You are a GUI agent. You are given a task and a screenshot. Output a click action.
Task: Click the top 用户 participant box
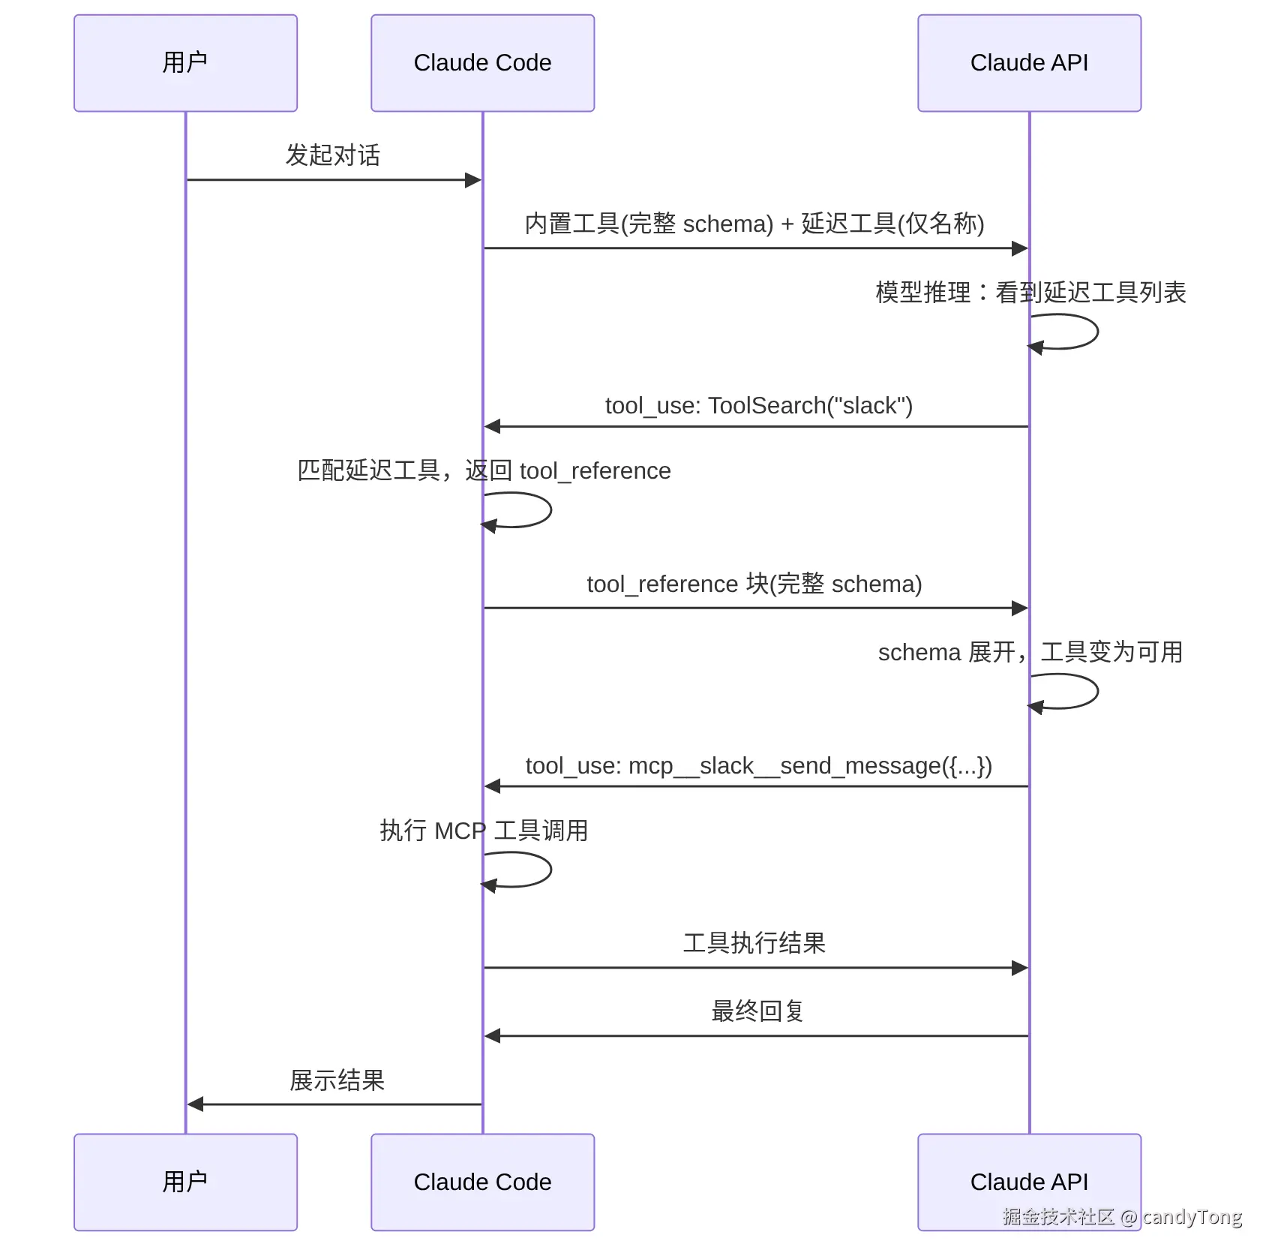coord(185,63)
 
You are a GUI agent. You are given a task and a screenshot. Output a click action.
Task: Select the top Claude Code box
coord(482,63)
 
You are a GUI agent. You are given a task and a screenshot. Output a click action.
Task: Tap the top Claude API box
coord(1029,63)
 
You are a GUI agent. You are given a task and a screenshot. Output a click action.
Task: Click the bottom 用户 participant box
coord(185,1182)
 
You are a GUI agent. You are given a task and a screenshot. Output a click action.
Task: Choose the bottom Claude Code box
coord(482,1182)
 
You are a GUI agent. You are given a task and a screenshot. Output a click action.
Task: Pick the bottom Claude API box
coord(1029,1182)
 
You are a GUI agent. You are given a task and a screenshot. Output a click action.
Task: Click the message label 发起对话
coord(333,155)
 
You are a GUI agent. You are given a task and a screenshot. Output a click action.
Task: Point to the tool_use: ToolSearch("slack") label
coord(759,406)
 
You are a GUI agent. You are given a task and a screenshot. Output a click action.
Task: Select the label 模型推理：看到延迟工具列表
coord(1030,292)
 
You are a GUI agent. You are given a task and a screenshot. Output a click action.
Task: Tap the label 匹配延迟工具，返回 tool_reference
coord(484,470)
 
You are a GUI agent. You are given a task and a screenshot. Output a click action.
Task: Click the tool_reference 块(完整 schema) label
coord(754,584)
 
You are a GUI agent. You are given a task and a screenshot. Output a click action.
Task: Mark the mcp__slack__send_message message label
coord(759,766)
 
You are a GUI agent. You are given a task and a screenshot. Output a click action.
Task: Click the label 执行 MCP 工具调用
coord(484,831)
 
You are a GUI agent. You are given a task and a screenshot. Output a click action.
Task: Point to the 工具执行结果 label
coord(754,943)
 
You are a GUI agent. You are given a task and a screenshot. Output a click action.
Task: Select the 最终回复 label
coord(757,1011)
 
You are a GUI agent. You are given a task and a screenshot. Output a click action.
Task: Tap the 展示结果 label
coord(337,1080)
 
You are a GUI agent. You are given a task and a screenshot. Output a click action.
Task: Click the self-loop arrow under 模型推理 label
coord(1097,332)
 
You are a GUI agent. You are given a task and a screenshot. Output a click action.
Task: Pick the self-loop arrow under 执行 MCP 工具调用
coord(550,870)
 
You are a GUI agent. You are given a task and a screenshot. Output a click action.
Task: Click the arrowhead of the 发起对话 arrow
coord(473,180)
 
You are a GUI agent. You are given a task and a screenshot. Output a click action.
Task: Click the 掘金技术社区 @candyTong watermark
coord(1122,1217)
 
